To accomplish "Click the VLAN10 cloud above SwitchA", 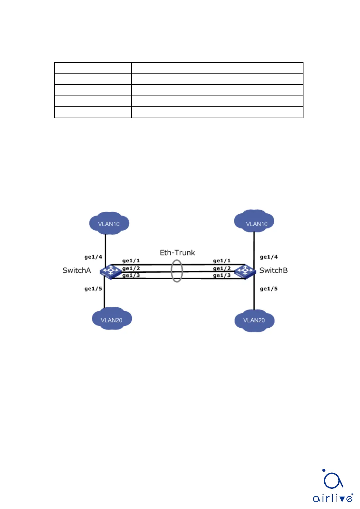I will click(x=109, y=223).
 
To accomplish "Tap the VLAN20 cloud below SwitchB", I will click(x=254, y=320).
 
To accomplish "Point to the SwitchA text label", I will click(x=76, y=270).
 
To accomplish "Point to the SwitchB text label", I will click(x=274, y=270).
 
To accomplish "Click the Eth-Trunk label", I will click(x=177, y=252).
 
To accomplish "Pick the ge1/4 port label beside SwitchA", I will click(x=93, y=257).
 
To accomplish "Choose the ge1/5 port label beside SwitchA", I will click(x=93, y=289).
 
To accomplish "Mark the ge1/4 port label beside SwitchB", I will click(x=269, y=257).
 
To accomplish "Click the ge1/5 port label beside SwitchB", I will click(x=269, y=289).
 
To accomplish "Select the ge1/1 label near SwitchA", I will click(x=131, y=260).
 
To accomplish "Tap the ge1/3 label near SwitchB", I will click(x=222, y=275).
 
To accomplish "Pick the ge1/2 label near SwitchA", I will click(x=131, y=268).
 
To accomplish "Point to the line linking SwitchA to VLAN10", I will click(x=105, y=246).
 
